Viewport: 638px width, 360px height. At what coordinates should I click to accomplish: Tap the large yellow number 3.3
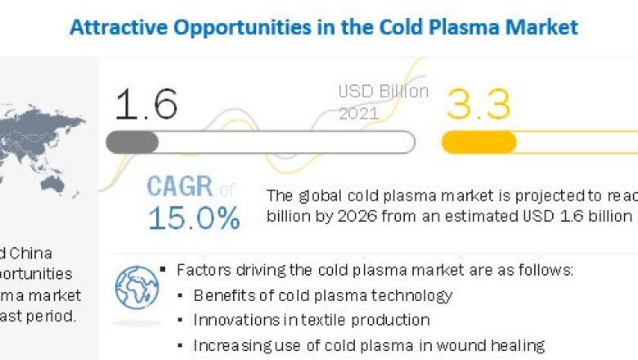tap(478, 105)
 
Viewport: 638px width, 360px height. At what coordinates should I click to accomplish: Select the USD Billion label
tap(383, 91)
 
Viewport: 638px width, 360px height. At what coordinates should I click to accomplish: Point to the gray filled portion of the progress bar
tap(132, 142)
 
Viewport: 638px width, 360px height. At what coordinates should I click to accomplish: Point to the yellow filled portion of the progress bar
tap(478, 142)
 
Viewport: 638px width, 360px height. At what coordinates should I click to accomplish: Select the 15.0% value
tap(194, 218)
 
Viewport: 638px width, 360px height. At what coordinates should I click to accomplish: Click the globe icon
tap(137, 287)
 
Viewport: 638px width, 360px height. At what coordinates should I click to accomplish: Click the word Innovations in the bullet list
tap(234, 320)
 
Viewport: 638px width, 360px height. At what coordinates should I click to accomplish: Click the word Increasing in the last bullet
tap(230, 345)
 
